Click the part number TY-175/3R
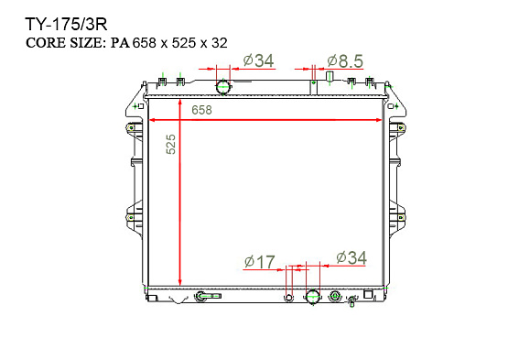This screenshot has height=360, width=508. tap(66, 25)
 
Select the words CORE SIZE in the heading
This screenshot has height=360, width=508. tap(65, 43)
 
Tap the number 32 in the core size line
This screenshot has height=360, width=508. tap(220, 43)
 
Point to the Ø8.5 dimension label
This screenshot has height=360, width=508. tap(345, 61)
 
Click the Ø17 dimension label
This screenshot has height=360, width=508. tap(260, 262)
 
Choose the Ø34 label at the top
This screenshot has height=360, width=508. tap(258, 60)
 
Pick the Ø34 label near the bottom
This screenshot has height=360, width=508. tap(351, 257)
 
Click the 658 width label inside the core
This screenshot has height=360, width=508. tap(201, 110)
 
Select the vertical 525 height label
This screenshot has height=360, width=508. tap(171, 144)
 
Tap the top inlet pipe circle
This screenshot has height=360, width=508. tap(223, 87)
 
